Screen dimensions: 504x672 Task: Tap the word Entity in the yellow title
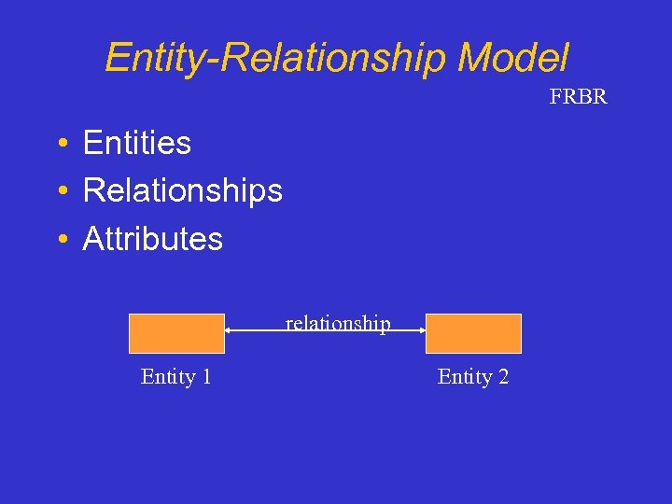point(151,58)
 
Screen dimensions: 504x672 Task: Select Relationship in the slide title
point(332,58)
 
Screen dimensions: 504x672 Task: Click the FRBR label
point(578,97)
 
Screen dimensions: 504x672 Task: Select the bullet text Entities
point(136,143)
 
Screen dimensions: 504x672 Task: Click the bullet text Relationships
point(182,190)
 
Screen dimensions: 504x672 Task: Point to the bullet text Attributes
point(152,239)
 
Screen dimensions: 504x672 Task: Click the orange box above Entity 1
point(176,333)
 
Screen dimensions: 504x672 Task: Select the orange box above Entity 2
point(473,333)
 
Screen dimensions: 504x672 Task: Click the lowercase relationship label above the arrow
point(338,323)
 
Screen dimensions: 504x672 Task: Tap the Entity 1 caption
point(175,377)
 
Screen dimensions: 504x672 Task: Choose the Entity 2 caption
point(473,377)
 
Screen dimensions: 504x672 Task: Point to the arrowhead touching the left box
point(230,329)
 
